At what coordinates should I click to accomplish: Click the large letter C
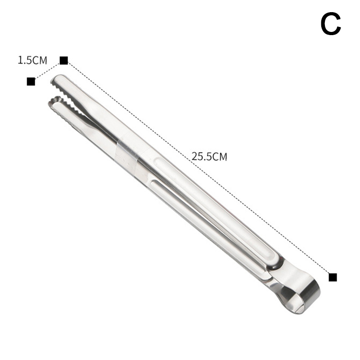(x=331, y=24)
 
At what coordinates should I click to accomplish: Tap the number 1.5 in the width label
(x=25, y=60)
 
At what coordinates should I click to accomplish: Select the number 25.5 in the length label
(x=201, y=157)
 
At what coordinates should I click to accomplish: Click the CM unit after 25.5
(x=219, y=157)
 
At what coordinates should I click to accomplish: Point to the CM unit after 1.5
(x=40, y=61)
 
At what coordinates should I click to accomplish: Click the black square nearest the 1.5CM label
(x=63, y=60)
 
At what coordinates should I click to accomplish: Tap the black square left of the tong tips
(x=31, y=81)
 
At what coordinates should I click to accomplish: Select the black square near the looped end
(x=333, y=277)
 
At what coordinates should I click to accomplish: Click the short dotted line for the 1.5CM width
(x=47, y=71)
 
